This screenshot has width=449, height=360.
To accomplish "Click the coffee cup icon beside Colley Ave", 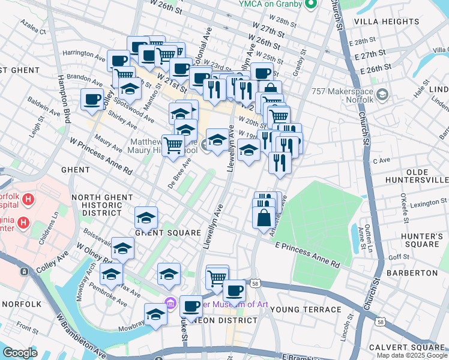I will click(92, 99).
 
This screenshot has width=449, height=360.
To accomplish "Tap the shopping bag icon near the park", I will click(264, 217).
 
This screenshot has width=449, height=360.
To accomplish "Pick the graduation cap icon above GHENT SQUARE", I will click(146, 217).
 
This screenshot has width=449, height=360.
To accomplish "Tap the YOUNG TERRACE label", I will click(306, 310).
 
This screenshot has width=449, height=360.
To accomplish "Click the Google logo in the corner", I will click(20, 353).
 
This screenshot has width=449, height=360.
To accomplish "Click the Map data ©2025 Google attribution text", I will click(411, 355).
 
